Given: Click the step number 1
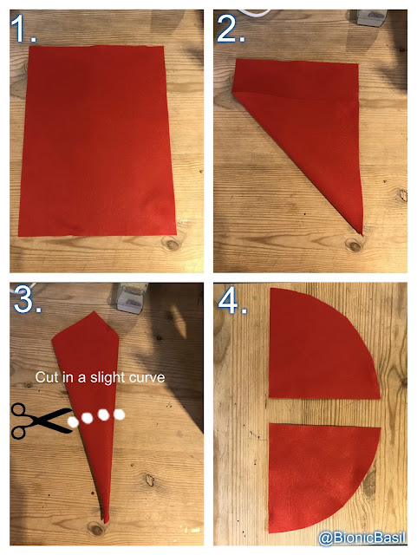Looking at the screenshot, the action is pos(23,29).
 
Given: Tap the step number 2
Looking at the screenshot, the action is pos(231,29).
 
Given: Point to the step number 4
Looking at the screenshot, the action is pos(232,303).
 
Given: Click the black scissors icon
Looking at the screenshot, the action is pos(42,421).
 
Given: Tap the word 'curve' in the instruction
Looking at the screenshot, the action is pos(147,377).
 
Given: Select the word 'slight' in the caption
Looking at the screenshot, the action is pos(107,378).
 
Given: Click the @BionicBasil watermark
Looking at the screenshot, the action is pos(362,538).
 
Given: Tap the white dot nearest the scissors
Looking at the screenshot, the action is pos(74,421).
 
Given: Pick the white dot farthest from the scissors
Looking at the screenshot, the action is pos(120,415).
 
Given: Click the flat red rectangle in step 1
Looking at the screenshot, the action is pos(97,140).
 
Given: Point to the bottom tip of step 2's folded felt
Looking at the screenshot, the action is pos(362,234).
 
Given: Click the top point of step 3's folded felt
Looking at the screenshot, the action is pos(94,312).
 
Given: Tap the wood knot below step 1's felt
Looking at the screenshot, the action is pos(172,244).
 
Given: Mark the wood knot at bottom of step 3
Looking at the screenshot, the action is pos(96,529).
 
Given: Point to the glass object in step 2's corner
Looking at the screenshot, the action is pos(373,17).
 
